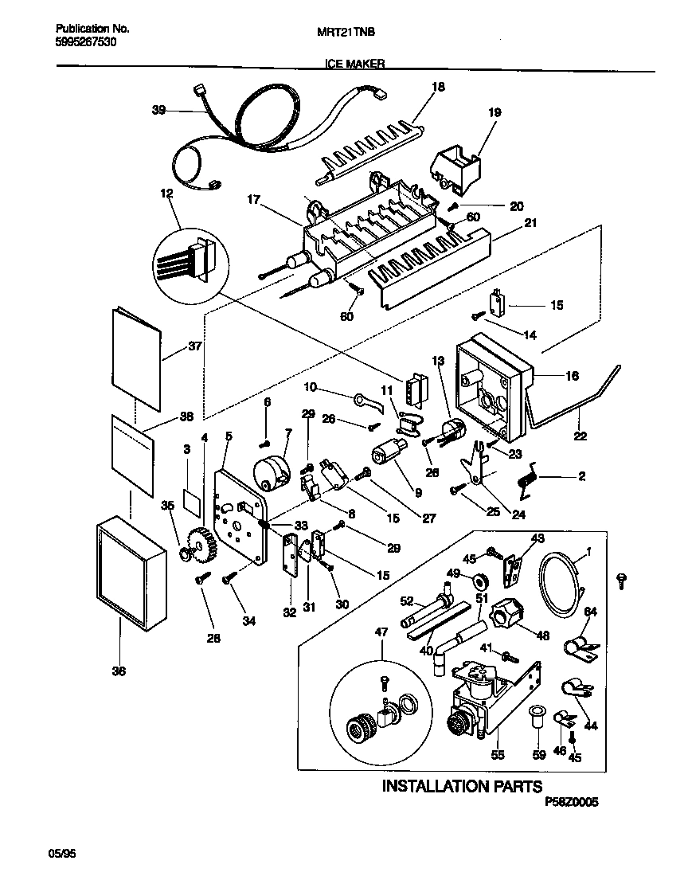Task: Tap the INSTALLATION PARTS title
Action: click(x=463, y=787)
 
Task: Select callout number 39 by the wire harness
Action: click(x=158, y=111)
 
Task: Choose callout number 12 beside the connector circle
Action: click(x=166, y=194)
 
